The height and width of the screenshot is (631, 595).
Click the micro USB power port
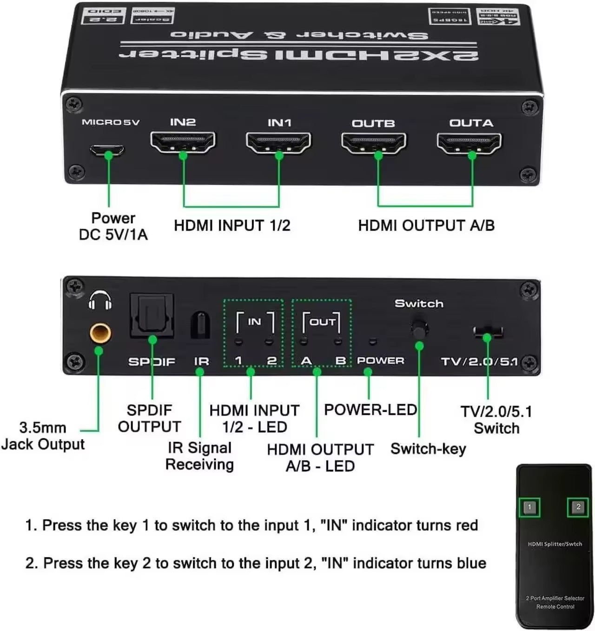point(107,150)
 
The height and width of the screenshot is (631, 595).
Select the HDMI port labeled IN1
point(278,143)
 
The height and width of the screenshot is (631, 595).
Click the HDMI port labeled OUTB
point(374,143)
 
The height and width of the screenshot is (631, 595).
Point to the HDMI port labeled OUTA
point(469,144)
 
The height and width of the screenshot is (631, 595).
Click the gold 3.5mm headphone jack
point(100,333)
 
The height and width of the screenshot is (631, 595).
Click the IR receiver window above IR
point(200,325)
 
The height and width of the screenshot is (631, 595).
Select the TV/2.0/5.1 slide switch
point(488,331)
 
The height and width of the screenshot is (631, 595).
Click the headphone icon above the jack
point(100,300)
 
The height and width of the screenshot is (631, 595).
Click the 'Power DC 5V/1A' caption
point(113,226)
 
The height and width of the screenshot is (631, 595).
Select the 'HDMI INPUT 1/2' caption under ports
point(232,226)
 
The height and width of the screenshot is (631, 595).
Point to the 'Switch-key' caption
point(428,449)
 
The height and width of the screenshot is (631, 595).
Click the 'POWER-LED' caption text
point(370,410)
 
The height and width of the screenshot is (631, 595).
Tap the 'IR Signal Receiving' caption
point(199,456)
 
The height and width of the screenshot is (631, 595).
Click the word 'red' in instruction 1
point(467,525)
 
